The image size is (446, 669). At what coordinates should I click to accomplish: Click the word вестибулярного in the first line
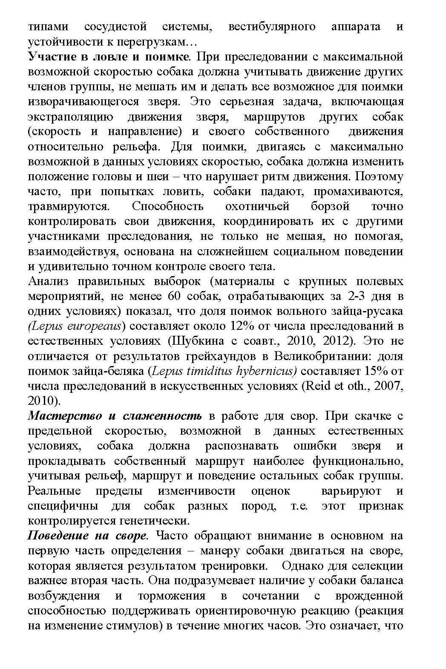pos(272,27)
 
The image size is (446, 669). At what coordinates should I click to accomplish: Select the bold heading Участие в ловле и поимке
pos(109,57)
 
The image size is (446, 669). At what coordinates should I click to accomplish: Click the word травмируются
pos(69,207)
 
